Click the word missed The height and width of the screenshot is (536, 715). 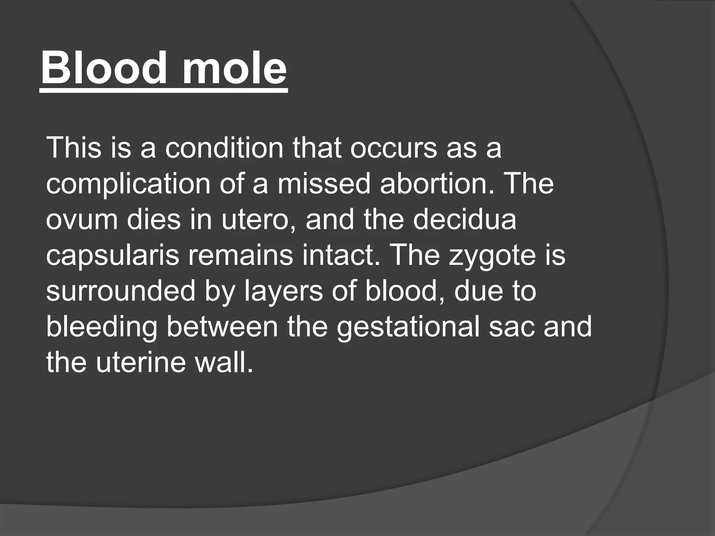point(324,184)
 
